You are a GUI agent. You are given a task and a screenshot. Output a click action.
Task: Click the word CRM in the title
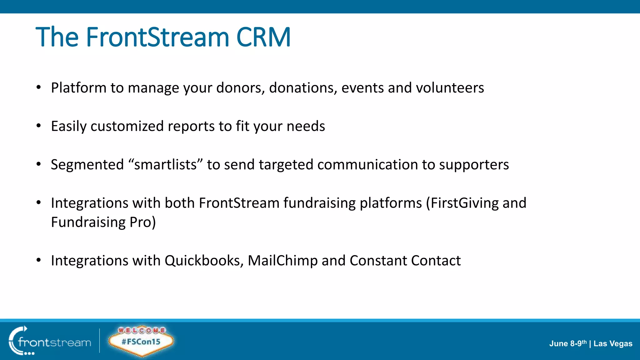pos(263,37)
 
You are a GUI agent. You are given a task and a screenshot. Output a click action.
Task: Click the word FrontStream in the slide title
pos(157,37)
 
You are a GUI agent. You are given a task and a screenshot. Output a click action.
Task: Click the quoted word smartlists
pos(165,165)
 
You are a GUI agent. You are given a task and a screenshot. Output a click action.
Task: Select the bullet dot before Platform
pos(38,88)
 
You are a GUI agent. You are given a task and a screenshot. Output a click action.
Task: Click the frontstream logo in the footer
pos(50,342)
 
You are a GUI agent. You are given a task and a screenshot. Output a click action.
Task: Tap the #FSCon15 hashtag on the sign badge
pos(141,342)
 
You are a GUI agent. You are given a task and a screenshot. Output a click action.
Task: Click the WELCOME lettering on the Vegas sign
pos(142,330)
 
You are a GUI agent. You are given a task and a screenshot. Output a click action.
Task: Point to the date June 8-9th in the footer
pos(567,343)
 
